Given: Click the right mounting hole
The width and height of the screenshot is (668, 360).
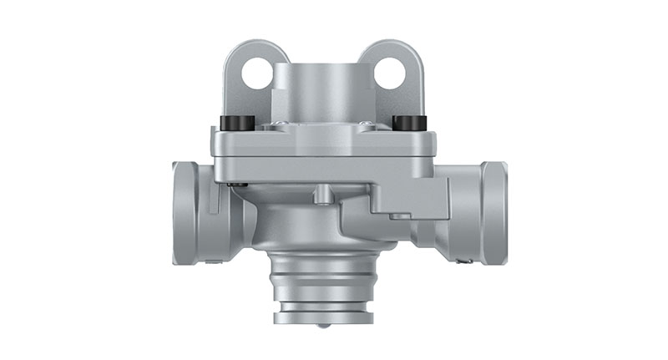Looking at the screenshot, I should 389,74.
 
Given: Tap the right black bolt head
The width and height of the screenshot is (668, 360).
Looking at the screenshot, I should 406,122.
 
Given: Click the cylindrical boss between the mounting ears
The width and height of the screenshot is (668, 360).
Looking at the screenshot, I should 322,88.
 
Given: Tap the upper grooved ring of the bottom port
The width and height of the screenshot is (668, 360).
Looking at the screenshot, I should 322,266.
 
